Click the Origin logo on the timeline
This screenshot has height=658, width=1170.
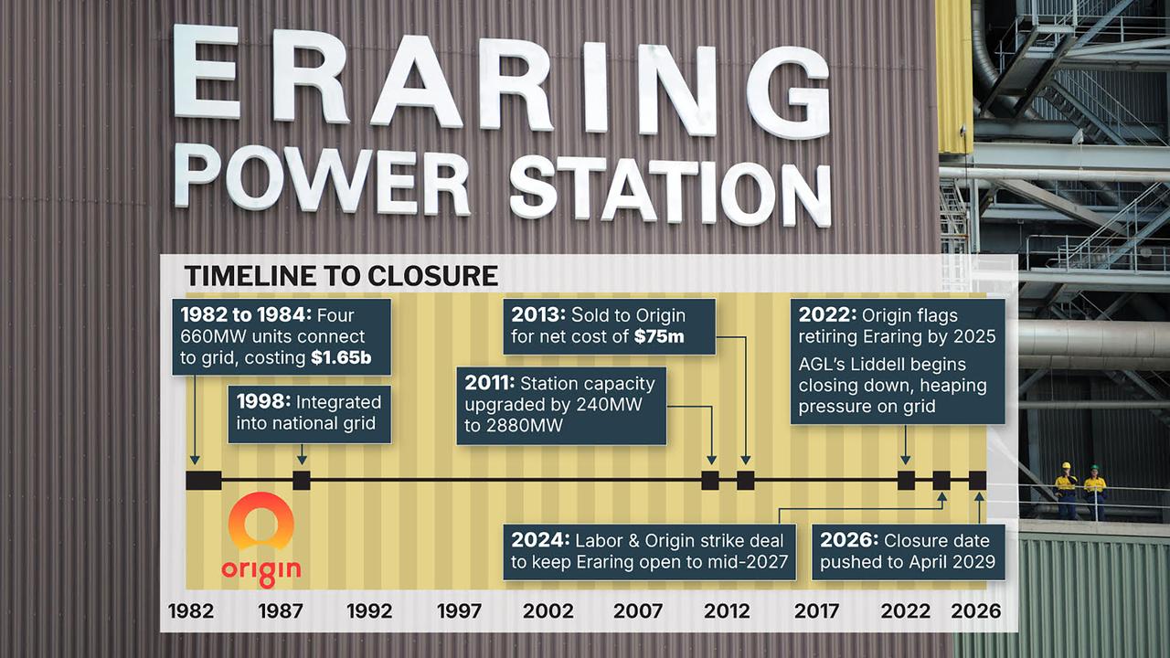tap(261, 541)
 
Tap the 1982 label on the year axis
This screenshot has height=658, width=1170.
tap(191, 610)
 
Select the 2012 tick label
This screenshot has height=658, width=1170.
tap(727, 610)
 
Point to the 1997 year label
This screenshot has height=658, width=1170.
tap(459, 610)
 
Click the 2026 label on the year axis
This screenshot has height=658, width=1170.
tap(976, 610)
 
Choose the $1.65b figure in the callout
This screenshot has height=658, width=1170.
tap(341, 358)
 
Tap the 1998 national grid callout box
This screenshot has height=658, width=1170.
tap(309, 413)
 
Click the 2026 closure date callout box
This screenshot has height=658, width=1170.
tap(908, 551)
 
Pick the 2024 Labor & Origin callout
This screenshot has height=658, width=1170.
tap(649, 551)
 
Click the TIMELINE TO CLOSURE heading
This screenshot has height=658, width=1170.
tap(341, 275)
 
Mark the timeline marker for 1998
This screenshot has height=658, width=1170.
tap(302, 480)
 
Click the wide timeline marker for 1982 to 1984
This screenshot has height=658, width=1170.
tap(203, 480)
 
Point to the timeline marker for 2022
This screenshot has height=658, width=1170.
tap(906, 480)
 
